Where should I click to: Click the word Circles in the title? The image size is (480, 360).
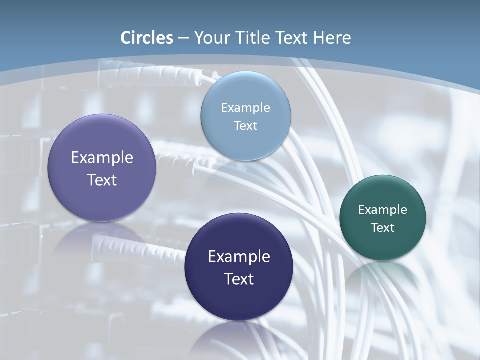pyautogui.click(x=147, y=38)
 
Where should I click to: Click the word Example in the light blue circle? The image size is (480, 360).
pyautogui.click(x=245, y=107)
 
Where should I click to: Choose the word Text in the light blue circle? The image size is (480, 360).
pyautogui.click(x=245, y=125)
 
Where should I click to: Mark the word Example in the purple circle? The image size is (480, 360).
pyautogui.click(x=102, y=157)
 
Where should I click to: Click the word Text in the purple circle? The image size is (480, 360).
pyautogui.click(x=102, y=180)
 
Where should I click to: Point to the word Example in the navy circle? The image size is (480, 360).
pyautogui.click(x=239, y=256)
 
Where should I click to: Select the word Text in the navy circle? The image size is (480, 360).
pyautogui.click(x=239, y=279)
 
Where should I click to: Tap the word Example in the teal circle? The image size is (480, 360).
pyautogui.click(x=383, y=209)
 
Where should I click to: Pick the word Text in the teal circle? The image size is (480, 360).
pyautogui.click(x=383, y=227)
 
